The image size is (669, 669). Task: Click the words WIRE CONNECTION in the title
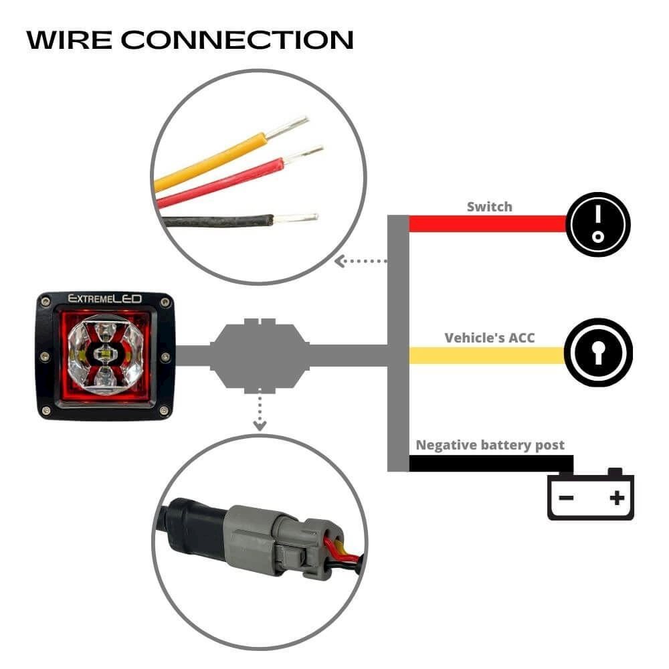[190, 39]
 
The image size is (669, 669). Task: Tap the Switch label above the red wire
[489, 207]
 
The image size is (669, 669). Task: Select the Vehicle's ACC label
[490, 338]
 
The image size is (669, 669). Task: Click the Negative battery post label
[490, 445]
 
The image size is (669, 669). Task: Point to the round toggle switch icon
[598, 225]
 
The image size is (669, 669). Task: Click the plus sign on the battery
[617, 497]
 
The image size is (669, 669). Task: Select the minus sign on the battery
[566, 497]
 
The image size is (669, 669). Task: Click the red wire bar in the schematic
[488, 224]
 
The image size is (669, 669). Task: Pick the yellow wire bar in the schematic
[488, 355]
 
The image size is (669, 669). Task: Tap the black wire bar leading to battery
[488, 463]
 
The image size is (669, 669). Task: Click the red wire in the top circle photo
[221, 183]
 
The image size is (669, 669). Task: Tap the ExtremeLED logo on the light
[104, 300]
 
